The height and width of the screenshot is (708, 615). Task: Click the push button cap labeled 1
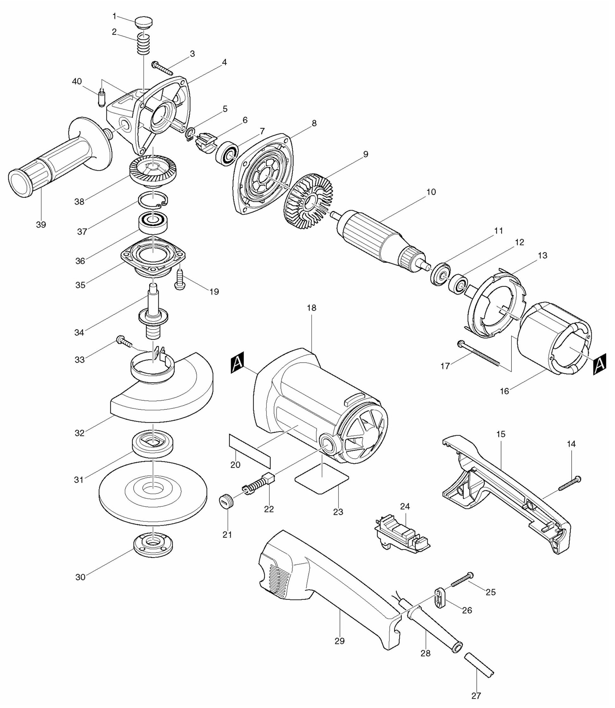tap(143, 23)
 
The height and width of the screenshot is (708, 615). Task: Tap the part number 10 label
tap(431, 192)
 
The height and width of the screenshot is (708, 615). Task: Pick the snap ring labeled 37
tap(153, 200)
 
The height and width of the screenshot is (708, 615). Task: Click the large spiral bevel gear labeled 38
tap(153, 171)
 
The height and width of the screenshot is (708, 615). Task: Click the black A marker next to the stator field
tap(599, 365)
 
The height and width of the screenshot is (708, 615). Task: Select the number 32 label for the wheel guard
tap(80, 433)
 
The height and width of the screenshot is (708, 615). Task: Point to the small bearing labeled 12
tap(459, 284)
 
